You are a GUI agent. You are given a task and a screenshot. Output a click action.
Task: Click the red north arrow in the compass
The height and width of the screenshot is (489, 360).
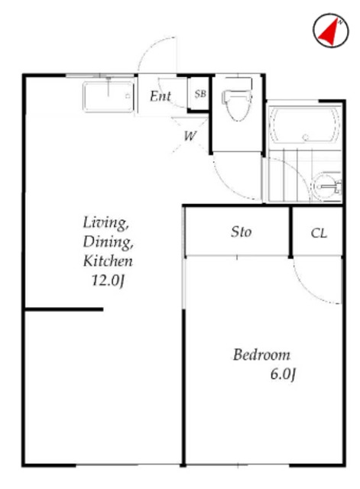(x=329, y=33)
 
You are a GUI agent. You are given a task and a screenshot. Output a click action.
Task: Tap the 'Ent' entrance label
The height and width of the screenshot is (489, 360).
(x=161, y=96)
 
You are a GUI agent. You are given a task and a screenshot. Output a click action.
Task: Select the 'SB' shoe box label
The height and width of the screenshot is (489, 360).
(x=200, y=93)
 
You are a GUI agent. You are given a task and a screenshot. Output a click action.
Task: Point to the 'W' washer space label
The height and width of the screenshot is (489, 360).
(x=190, y=136)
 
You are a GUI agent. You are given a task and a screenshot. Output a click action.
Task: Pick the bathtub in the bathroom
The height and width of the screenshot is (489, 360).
(x=304, y=125)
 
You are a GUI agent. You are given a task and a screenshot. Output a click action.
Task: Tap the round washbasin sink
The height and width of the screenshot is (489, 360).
(x=327, y=186)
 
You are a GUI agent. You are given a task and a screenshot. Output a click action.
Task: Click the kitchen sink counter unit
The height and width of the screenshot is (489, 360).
(x=109, y=96)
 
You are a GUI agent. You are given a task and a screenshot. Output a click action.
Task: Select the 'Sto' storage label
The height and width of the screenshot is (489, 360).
(x=241, y=232)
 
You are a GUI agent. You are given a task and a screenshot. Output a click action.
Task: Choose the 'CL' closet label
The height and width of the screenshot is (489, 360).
(x=319, y=233)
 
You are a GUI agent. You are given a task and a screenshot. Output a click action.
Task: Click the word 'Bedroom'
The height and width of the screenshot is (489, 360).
(x=261, y=355)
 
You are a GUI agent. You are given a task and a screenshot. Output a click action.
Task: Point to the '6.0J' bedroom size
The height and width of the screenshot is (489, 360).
(x=283, y=374)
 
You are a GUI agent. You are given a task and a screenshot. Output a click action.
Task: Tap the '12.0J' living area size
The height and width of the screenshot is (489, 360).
(x=108, y=280)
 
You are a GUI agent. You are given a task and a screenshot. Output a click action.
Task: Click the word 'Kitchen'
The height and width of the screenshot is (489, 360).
(x=108, y=261)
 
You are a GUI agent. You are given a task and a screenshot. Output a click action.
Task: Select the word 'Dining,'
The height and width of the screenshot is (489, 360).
(x=108, y=242)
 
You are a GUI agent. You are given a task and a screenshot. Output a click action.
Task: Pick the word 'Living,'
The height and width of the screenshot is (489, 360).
(x=106, y=222)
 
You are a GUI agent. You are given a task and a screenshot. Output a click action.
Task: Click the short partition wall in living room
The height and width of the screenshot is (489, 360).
(x=64, y=309)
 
